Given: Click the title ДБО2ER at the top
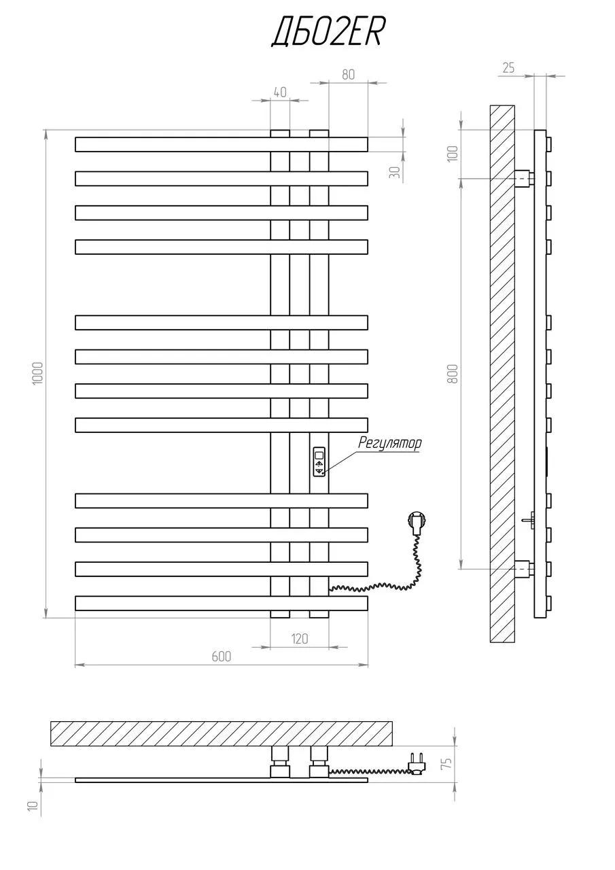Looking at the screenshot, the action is [x=328, y=33].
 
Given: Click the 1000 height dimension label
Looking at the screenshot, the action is [x=37, y=373].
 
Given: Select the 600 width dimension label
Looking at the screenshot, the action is [x=222, y=656].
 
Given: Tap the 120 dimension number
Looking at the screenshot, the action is [x=300, y=638].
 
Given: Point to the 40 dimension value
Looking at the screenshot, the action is [x=280, y=92].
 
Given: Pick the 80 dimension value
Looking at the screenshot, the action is [x=348, y=74].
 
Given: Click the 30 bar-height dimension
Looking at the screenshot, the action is [x=394, y=172].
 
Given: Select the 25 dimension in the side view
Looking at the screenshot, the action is [x=508, y=68].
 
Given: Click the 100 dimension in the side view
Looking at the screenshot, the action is [x=453, y=154].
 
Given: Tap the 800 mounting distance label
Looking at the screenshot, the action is [x=453, y=374].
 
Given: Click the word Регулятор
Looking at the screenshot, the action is [x=389, y=443].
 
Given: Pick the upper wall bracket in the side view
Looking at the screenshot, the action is [x=525, y=179].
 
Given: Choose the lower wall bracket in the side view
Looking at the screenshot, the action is [x=525, y=570].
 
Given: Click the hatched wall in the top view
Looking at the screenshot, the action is [x=222, y=734].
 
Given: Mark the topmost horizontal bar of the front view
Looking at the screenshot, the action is [x=222, y=144].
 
